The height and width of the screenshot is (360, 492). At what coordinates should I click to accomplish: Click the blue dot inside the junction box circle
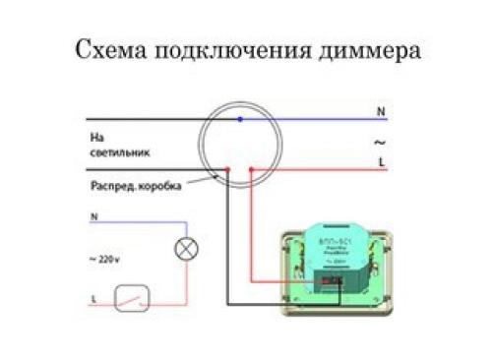[x=240, y=118]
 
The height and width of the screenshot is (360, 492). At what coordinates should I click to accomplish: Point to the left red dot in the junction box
[x=227, y=169]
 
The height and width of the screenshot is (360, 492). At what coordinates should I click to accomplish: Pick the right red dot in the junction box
[x=251, y=169]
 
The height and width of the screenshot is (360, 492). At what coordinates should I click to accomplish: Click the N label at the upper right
[x=380, y=113]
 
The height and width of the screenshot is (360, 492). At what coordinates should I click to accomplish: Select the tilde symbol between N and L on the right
[x=380, y=141]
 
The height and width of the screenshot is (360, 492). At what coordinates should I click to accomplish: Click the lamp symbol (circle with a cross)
[x=185, y=248]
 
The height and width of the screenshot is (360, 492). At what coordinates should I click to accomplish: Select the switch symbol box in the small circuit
[x=129, y=296]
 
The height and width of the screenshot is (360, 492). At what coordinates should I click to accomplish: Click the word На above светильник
[x=96, y=139]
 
